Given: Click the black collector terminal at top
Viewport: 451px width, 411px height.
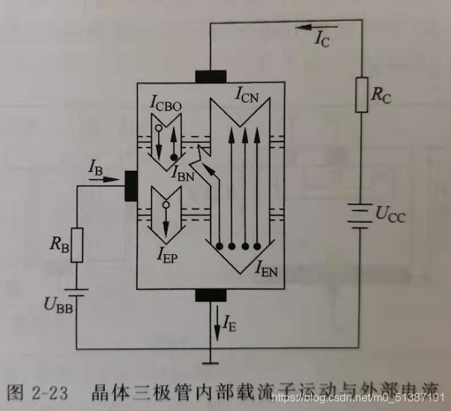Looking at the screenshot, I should (x=210, y=76).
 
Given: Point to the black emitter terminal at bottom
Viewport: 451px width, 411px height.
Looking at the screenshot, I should (x=211, y=294).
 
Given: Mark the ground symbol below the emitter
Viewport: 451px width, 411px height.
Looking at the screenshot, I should (x=211, y=361).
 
